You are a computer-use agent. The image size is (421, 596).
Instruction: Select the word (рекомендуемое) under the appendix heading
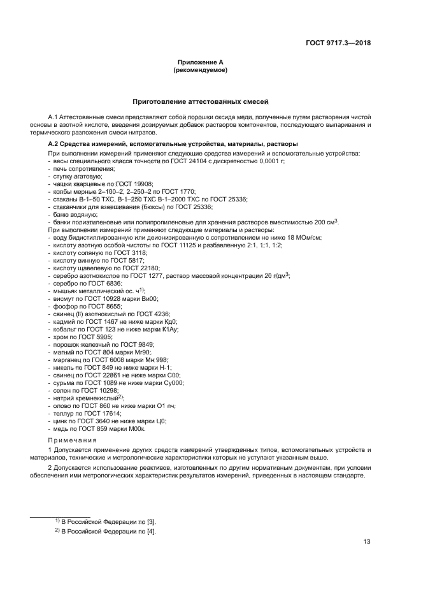click(x=201, y=71)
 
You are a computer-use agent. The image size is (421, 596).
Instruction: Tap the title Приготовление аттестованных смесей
click(x=201, y=101)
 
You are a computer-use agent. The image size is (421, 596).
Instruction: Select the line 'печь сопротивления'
click(x=79, y=170)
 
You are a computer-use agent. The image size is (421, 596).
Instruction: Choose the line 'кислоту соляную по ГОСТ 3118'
click(x=97, y=252)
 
